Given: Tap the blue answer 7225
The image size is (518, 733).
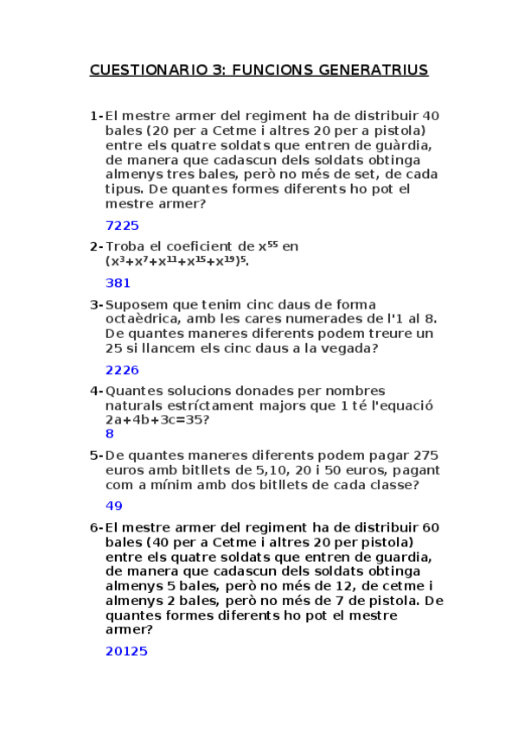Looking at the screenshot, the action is click(122, 226).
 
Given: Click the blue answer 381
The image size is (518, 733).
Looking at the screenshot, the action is click(118, 283).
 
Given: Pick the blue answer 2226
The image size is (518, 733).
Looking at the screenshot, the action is click(122, 370).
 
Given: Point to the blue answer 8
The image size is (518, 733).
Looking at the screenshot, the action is click(110, 434).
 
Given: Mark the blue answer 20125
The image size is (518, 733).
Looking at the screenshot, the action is click(126, 651).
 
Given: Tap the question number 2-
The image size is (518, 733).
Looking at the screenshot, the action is click(96, 246).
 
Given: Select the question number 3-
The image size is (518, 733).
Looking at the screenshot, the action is click(96, 304).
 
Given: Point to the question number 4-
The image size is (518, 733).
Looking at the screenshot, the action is click(96, 391).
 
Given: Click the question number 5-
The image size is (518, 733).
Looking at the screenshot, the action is click(96, 456).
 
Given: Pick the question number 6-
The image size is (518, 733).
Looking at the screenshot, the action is click(96, 526).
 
